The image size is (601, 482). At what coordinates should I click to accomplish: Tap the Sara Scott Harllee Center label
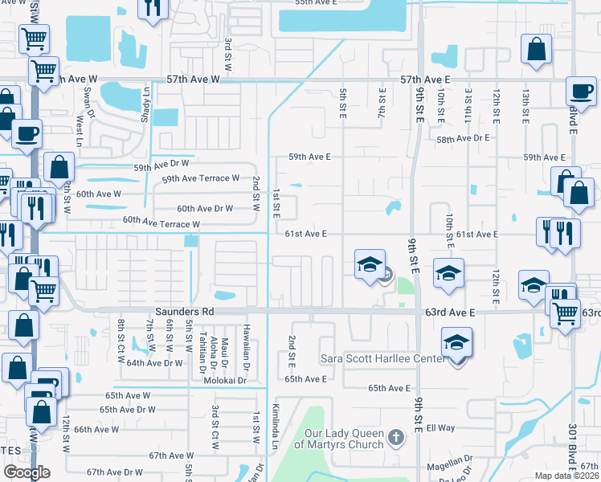(x=382, y=357)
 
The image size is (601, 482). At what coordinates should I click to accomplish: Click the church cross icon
(x=395, y=437)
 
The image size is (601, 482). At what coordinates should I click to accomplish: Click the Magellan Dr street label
(x=450, y=462)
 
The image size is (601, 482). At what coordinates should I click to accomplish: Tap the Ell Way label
(x=441, y=428)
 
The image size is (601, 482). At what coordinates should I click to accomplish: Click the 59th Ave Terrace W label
(x=201, y=178)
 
